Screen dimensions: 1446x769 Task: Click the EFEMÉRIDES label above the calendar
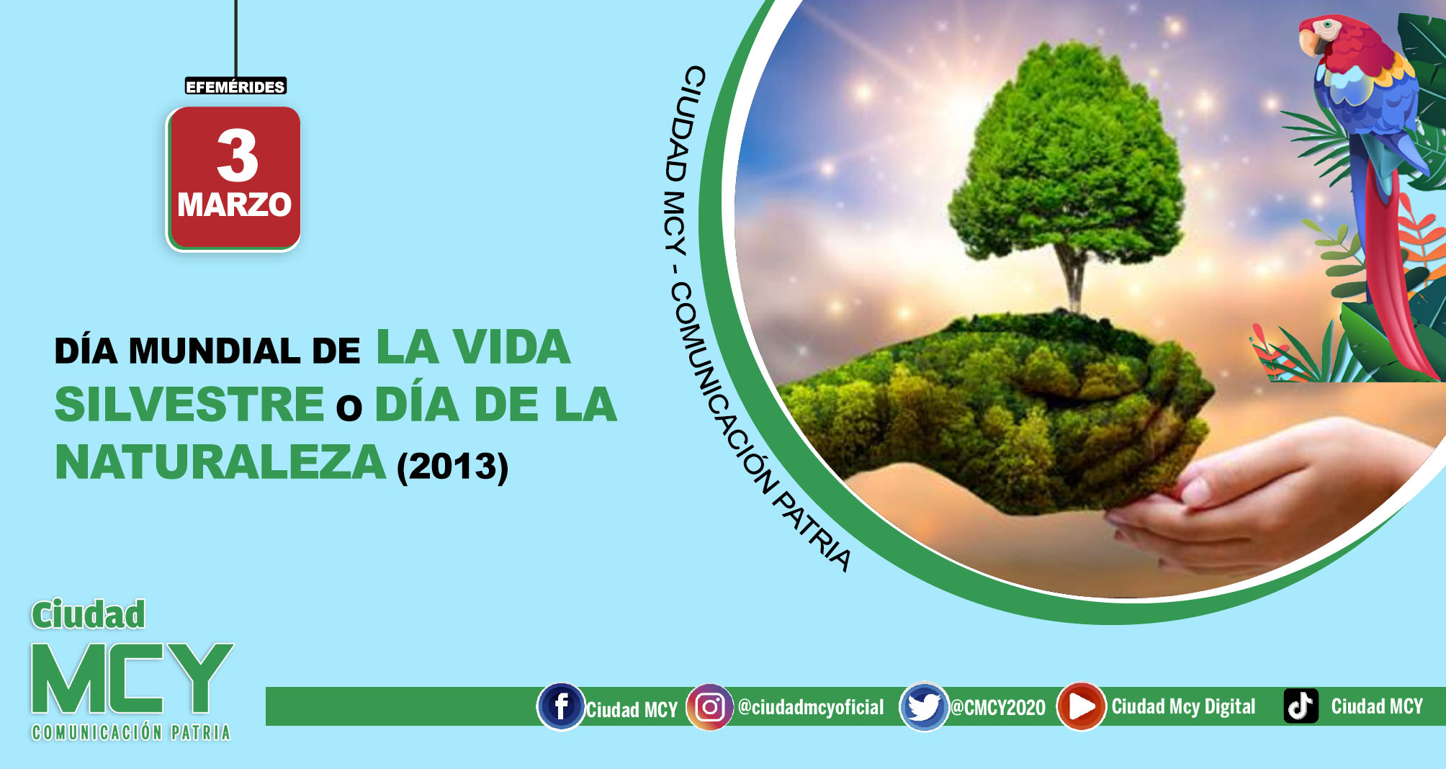[x=235, y=86]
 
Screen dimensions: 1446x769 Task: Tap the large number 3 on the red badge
[x=237, y=156]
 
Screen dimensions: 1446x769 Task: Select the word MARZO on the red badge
[x=234, y=204]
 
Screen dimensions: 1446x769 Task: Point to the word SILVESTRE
[x=189, y=404]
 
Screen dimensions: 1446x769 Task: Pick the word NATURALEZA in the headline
[x=220, y=462]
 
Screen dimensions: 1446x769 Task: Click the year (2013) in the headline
[x=453, y=466]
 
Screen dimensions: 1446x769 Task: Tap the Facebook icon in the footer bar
[x=561, y=706]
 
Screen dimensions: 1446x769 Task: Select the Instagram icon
[x=709, y=707]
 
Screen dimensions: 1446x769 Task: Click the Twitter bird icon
[x=923, y=706]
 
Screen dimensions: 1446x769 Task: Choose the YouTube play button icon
[x=1081, y=706]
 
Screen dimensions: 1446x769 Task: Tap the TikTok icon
[x=1301, y=706]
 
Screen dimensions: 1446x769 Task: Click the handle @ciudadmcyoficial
[x=811, y=707]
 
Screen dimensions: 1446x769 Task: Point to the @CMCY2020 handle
[x=998, y=708]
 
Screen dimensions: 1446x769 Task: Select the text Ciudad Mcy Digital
[x=1183, y=706]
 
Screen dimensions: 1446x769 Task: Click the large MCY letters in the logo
[x=133, y=679]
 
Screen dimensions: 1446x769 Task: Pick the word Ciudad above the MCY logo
[x=88, y=615]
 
